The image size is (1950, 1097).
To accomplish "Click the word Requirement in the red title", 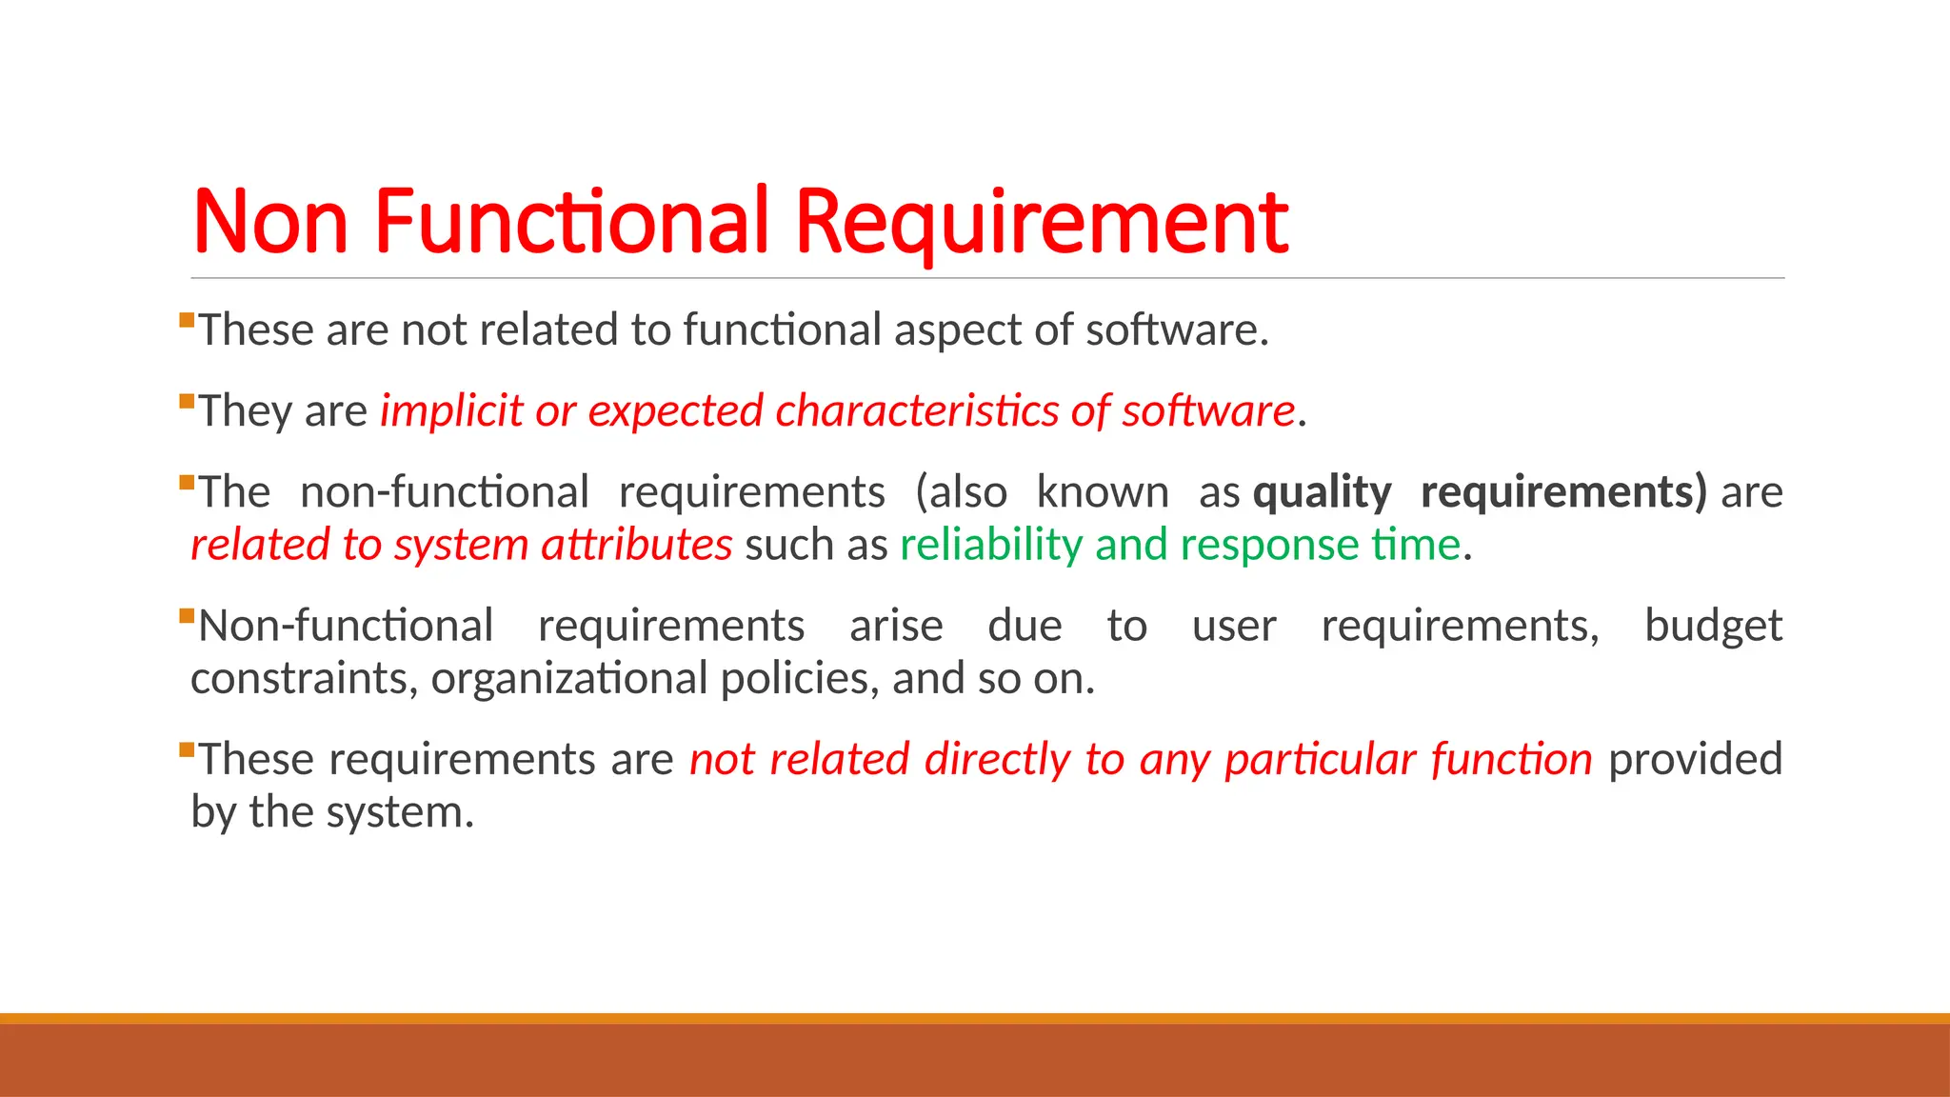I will [1042, 222].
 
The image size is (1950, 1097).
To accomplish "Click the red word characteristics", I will [916, 411].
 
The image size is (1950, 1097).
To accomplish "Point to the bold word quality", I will [1322, 493].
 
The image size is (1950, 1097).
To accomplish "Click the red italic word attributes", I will [636, 546].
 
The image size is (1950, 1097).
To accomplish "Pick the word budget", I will [1713, 627].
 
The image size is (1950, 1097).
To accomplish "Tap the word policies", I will [800, 679].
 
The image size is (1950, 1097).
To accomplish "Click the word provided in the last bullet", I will [1695, 761].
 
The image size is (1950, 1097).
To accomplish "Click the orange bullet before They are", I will [187, 401].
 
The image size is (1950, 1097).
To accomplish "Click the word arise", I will [896, 627].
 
